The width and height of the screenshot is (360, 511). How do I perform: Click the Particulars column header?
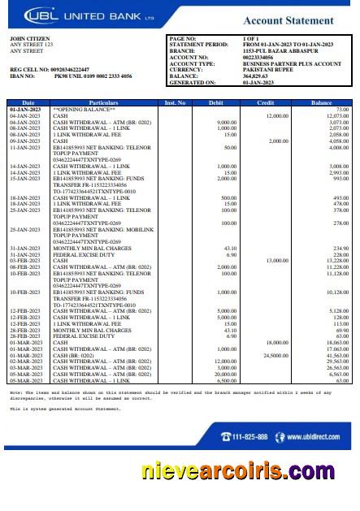[x=103, y=102]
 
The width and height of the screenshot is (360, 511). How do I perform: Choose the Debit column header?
[x=216, y=102]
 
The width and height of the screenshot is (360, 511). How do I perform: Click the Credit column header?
[x=266, y=102]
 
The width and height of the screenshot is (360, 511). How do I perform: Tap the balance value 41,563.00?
[x=336, y=355]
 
